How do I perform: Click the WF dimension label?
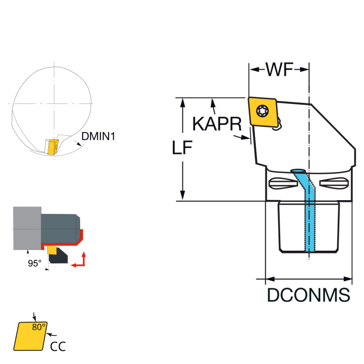click(x=279, y=70)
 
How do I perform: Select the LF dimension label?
click(x=182, y=148)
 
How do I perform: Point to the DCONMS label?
click(x=308, y=295)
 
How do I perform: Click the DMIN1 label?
click(x=98, y=136)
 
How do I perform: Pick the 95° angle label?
click(x=34, y=263)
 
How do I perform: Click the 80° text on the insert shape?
click(x=39, y=327)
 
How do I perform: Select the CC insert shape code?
click(x=57, y=346)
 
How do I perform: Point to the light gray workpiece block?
click(x=27, y=227)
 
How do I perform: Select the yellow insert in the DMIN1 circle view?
click(x=51, y=147)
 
